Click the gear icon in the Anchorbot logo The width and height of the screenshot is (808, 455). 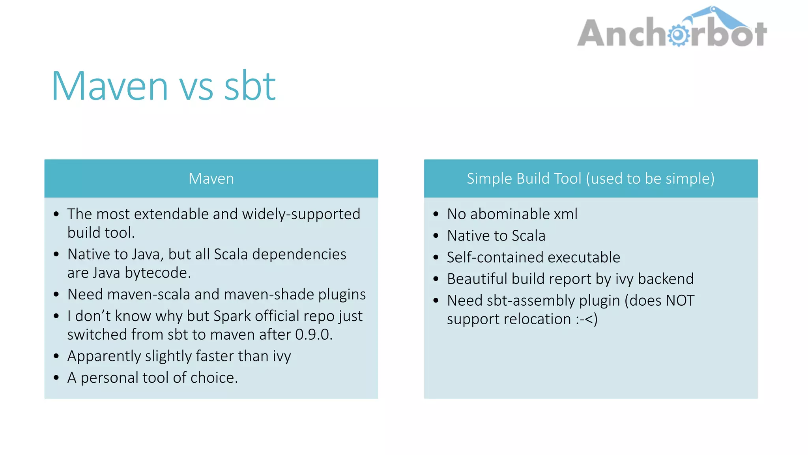(x=678, y=35)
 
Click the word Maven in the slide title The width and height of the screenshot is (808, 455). (x=110, y=86)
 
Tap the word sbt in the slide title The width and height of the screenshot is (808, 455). (x=249, y=86)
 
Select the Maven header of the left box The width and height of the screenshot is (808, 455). (x=211, y=179)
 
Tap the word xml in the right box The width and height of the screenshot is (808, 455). (x=565, y=214)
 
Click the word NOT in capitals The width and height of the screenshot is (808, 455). (x=680, y=301)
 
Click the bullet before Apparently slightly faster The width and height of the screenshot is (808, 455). (x=56, y=356)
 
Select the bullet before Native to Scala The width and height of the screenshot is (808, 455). (x=436, y=236)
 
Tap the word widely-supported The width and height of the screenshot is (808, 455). (x=301, y=214)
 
